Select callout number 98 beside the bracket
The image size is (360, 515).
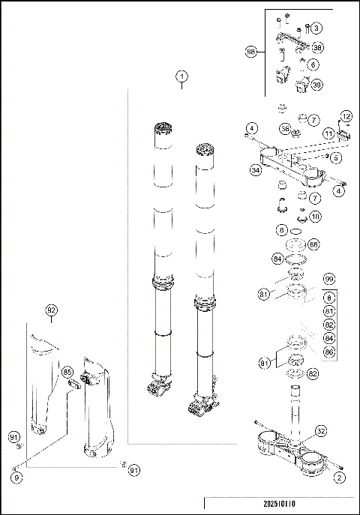coord(252,52)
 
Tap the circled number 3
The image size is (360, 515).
coord(316,28)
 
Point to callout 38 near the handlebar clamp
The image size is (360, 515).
coord(317,47)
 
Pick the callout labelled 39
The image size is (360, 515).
coord(317,85)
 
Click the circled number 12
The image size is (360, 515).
coord(346,115)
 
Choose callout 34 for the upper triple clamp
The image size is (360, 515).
coord(256,170)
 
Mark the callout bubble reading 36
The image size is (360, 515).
coord(285,129)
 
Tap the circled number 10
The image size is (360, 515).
coord(315,217)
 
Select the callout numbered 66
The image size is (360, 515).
coord(313,244)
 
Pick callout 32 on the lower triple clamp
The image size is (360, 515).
coord(320,431)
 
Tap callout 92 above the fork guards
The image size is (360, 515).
coord(51,310)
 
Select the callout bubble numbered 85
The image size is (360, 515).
coord(67,371)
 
